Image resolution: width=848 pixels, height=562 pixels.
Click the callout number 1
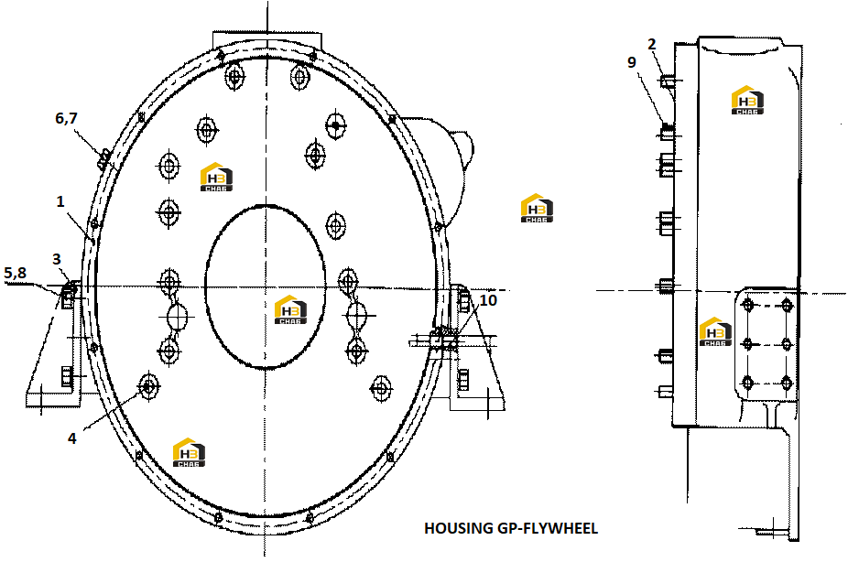tap(60, 201)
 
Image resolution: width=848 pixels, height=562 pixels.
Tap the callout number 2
tap(652, 44)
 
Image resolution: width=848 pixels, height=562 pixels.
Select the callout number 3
tap(56, 259)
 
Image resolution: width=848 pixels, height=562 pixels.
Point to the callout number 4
tap(72, 438)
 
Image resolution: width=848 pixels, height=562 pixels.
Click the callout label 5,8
tap(16, 274)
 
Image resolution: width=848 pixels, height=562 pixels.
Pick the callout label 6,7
tap(66, 118)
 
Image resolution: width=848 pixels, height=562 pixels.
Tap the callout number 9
tap(632, 62)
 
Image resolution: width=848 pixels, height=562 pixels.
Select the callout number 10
tap(488, 300)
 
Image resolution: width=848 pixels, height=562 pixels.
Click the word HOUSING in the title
tap(458, 528)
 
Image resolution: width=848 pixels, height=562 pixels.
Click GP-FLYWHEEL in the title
tap(547, 528)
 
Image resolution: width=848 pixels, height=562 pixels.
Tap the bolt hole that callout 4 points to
tap(148, 386)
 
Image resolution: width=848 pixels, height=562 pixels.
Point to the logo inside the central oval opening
tap(291, 309)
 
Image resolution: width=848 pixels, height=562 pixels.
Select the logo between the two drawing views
tap(537, 208)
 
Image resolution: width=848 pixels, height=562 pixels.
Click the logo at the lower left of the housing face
tap(190, 452)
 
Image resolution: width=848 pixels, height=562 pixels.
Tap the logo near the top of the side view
tap(747, 100)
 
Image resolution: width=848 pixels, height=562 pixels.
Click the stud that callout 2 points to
tap(667, 81)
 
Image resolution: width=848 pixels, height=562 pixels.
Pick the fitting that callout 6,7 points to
tap(103, 158)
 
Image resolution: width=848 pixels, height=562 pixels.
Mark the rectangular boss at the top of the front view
tap(267, 40)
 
